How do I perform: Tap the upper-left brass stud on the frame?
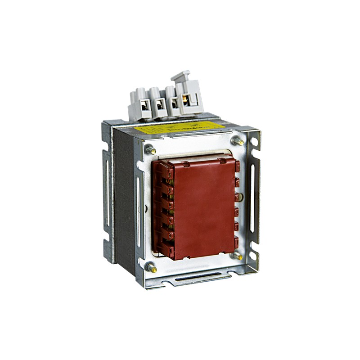150,149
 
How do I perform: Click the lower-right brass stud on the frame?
237,255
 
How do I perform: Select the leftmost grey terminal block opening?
145,107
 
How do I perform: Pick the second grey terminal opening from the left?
159,106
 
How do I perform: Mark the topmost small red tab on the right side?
237,166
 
